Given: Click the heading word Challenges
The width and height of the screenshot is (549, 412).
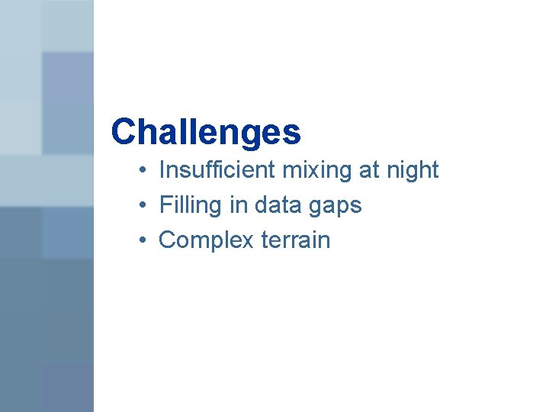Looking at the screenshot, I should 206,132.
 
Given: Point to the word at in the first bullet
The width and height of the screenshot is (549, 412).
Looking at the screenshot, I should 369,170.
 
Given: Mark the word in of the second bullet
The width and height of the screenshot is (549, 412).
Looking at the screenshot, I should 239,204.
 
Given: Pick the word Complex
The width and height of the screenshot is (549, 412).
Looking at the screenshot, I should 206,240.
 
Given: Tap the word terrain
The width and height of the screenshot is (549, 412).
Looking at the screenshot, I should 296,240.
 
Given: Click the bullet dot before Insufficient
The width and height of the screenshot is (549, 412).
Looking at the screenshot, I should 143,171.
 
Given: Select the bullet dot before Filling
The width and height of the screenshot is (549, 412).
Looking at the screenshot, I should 143,206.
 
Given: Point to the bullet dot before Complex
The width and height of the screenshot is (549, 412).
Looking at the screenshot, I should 143,241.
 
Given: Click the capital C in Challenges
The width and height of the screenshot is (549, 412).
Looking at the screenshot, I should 123,132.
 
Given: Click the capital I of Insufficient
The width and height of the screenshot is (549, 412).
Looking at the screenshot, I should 162,169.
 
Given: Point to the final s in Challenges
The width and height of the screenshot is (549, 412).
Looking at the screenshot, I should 294,134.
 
